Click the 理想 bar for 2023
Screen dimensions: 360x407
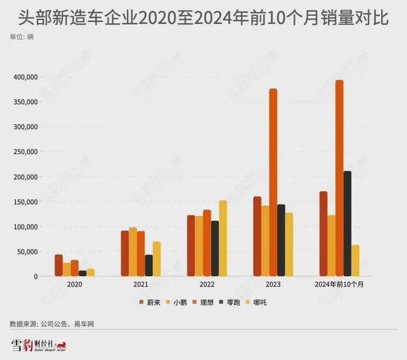click(x=273, y=182)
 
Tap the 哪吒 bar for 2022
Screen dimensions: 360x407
click(x=223, y=238)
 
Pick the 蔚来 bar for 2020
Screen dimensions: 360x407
click(x=59, y=265)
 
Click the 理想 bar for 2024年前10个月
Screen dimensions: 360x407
click(x=339, y=178)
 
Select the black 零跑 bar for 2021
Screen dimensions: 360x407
click(x=149, y=265)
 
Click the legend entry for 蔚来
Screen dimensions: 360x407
click(x=146, y=302)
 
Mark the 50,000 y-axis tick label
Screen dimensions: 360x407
click(x=28, y=252)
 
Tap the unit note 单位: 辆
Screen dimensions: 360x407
click(x=22, y=37)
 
